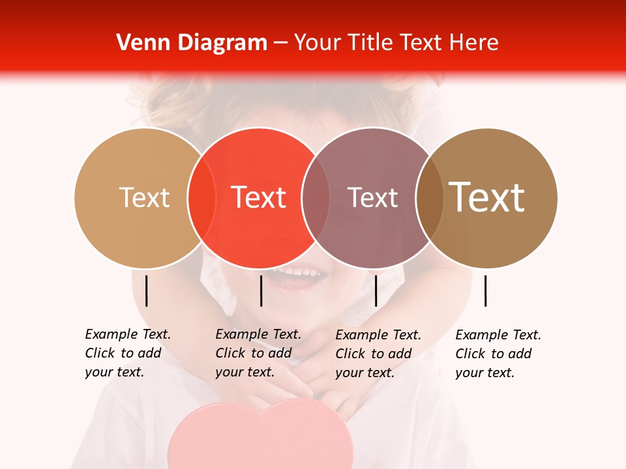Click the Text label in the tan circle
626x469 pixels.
(144, 197)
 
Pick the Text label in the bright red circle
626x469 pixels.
(258, 197)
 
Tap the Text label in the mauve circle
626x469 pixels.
(372, 197)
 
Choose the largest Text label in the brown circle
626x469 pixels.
(486, 197)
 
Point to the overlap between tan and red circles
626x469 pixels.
(201, 197)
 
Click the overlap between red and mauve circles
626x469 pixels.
(316, 197)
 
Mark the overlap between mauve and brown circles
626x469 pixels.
(430, 197)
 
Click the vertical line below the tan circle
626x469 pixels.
(147, 291)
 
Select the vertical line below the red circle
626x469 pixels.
(261, 291)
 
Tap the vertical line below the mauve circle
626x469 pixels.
(376, 291)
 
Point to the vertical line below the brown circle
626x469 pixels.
(486, 291)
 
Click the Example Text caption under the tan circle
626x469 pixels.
(128, 353)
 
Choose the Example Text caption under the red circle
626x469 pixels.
(258, 353)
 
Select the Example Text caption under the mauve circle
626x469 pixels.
(378, 354)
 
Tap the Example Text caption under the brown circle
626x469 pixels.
(498, 354)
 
